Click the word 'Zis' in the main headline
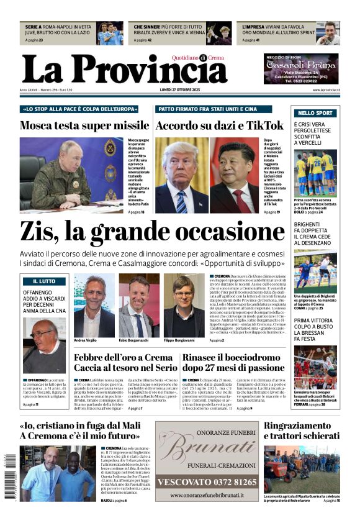coord(40,232)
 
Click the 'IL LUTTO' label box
coord(44,281)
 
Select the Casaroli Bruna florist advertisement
coord(301,68)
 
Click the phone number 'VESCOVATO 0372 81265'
coord(206,481)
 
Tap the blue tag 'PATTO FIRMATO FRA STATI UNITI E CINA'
coord(207,109)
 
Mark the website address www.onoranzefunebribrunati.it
coord(206,495)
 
